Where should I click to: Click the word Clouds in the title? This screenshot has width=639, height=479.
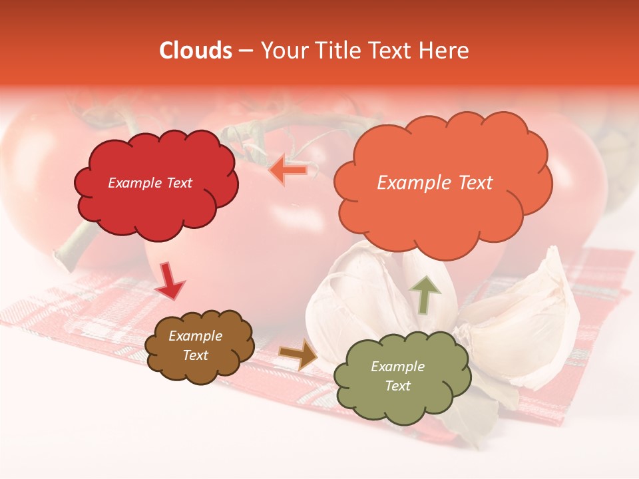196,51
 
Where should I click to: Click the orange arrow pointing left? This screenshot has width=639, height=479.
288,170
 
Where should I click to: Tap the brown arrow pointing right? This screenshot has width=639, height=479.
298,354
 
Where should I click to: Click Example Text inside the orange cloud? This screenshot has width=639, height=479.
435,183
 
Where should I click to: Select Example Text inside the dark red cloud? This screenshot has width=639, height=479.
150,183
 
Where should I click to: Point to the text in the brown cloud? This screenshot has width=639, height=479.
195,346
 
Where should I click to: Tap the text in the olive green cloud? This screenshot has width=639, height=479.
397,376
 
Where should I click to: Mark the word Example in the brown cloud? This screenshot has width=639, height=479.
195,337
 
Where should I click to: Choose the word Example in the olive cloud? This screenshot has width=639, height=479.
397,367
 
